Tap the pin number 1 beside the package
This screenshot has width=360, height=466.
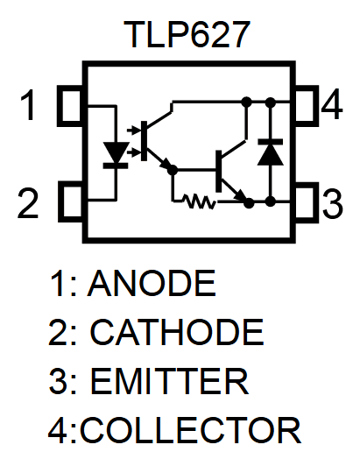coord(30,107)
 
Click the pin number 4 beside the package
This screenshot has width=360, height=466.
coord(331,107)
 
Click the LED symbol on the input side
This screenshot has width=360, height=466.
coord(116,152)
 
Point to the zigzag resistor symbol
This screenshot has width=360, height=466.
coord(199,202)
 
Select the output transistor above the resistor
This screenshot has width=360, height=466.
coord(225,171)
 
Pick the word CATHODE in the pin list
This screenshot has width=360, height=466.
coord(176,333)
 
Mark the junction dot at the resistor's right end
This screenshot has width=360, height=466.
coord(250,202)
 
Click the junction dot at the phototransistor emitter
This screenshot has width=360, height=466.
coord(173,168)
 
